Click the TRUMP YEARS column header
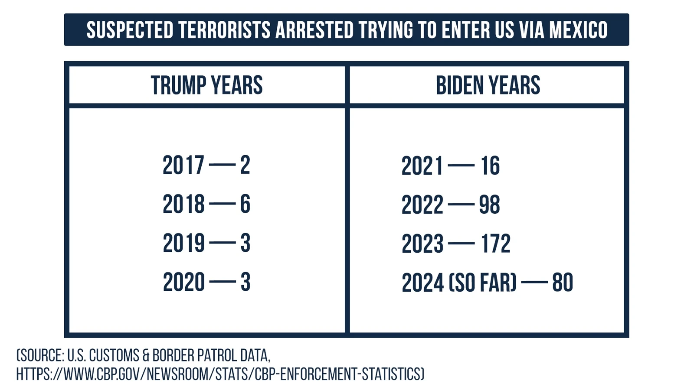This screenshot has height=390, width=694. click(x=206, y=85)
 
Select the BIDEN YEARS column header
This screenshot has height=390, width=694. click(x=488, y=85)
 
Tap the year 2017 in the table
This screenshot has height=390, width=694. click(x=183, y=166)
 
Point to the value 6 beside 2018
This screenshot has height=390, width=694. click(x=245, y=204)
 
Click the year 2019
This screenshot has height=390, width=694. click(x=183, y=243)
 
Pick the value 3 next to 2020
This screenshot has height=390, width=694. click(x=246, y=282)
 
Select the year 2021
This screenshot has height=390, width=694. click(x=422, y=166)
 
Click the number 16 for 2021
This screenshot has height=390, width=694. click(x=490, y=166)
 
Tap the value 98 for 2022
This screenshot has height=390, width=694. click(x=489, y=205)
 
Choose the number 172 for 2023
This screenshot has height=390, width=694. click(x=495, y=244)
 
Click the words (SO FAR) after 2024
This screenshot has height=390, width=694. click(x=482, y=283)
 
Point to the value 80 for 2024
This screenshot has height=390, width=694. click(x=563, y=283)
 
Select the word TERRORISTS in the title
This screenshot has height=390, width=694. click(x=224, y=30)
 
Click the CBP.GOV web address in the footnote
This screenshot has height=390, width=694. click(x=220, y=374)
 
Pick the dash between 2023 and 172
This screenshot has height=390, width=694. click(x=461, y=244)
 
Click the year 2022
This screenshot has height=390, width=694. click(x=422, y=205)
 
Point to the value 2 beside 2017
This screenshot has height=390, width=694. click(x=245, y=166)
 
